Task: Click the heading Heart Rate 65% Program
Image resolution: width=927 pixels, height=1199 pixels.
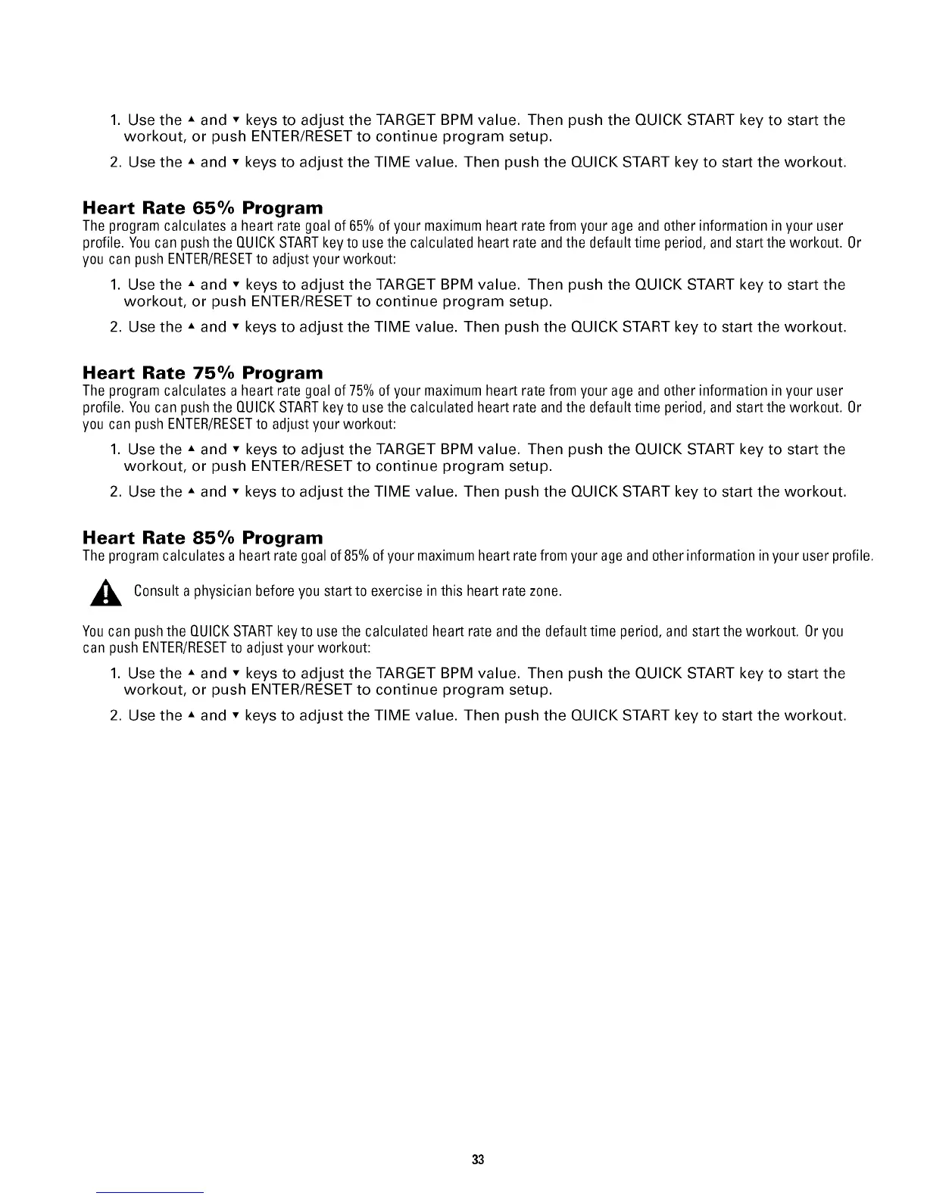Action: point(202,208)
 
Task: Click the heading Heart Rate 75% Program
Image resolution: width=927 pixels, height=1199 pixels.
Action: point(202,373)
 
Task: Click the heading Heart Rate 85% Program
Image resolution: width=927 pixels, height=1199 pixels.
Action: point(202,538)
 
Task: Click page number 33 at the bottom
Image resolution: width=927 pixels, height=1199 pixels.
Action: point(478,1160)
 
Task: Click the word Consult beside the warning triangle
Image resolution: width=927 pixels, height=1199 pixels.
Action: point(156,591)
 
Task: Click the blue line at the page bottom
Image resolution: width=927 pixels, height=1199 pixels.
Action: point(151,1192)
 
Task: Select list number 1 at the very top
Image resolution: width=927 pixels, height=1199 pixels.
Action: point(115,120)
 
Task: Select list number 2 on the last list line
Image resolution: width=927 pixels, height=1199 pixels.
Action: point(115,715)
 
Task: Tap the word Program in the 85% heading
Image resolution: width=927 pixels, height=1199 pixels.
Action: point(282,538)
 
